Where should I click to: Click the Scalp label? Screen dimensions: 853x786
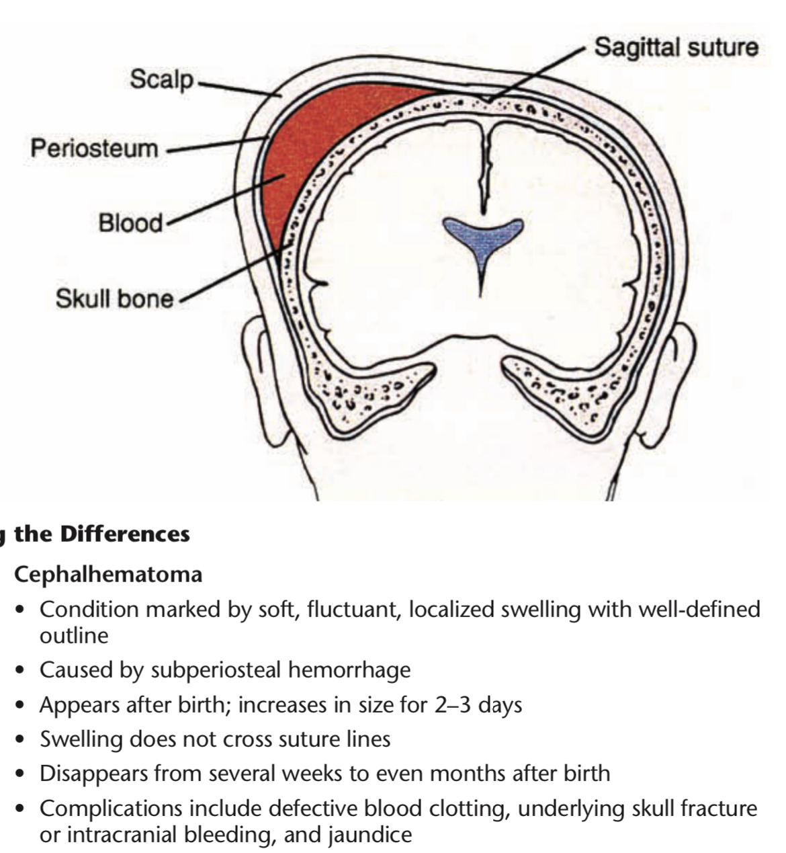point(161,79)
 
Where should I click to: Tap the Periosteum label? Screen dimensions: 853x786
point(94,148)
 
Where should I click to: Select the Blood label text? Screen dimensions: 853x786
point(130,222)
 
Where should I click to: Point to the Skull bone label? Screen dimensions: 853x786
point(114,298)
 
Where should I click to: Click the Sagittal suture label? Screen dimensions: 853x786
point(676,47)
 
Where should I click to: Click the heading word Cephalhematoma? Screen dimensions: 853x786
point(108,575)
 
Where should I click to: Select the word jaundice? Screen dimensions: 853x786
point(370,835)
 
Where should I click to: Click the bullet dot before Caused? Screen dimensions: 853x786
point(23,671)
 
